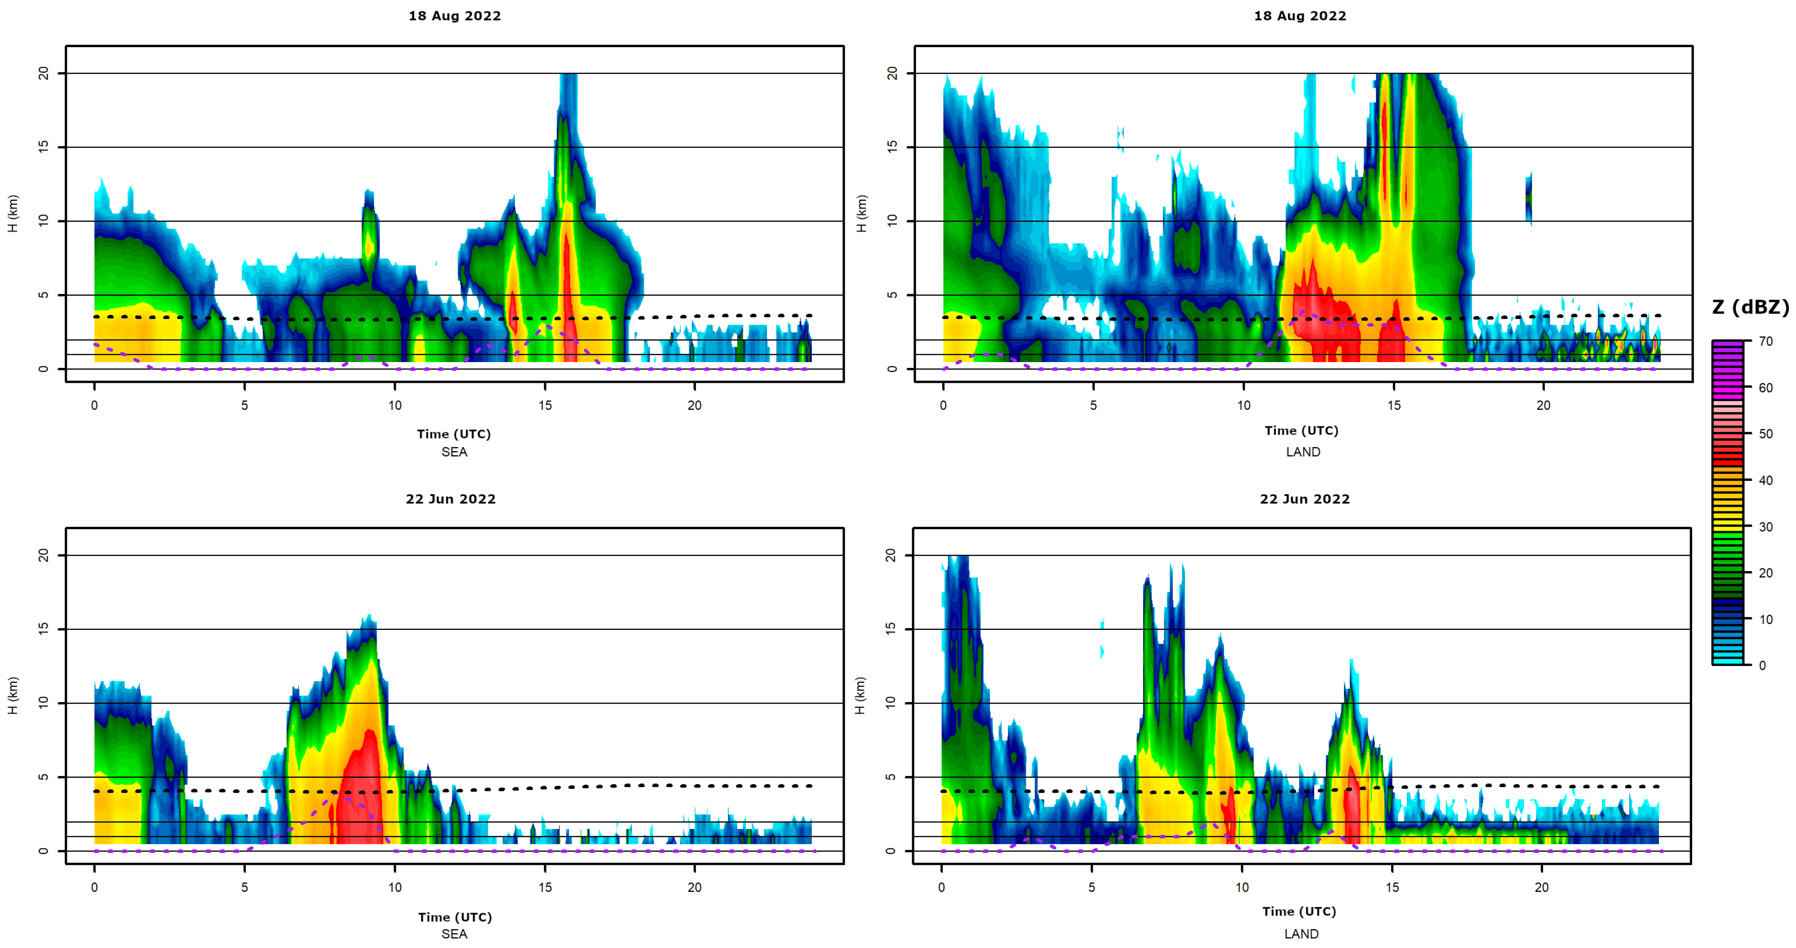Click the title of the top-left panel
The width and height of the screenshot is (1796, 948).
point(455,16)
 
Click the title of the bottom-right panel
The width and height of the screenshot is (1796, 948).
point(1304,499)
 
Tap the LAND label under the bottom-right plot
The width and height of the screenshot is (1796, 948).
point(1301,933)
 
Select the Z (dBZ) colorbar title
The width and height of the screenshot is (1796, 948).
point(1750,307)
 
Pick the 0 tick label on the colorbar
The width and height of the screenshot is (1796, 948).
point(1762,666)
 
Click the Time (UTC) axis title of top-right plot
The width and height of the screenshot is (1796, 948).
point(1301,431)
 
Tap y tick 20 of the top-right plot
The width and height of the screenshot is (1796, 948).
point(892,73)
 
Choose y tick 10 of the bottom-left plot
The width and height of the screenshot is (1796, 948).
point(43,703)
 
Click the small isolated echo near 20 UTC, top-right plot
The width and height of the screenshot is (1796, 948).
point(1528,199)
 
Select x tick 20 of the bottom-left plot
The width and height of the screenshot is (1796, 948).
point(694,887)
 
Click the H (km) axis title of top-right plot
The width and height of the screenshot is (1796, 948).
point(861,213)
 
